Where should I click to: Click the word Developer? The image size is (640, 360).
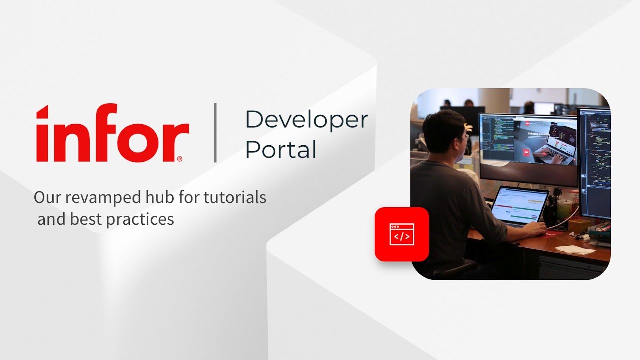(306, 119)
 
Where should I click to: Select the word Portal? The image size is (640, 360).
(280, 149)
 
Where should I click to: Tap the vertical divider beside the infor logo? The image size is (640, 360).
(215, 133)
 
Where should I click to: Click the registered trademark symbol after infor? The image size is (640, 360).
(179, 159)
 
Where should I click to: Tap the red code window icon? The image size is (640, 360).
(402, 234)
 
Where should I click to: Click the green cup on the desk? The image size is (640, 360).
(564, 209)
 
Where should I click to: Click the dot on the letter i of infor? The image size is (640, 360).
(43, 110)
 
